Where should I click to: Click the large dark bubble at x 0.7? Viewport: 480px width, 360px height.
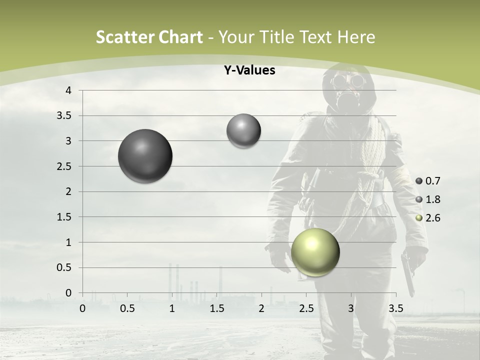pos(145,156)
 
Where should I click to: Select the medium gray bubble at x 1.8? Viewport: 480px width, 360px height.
pos(243,130)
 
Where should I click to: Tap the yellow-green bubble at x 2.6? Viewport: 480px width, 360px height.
pos(315,252)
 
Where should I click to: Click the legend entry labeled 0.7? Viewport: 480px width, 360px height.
pos(428,181)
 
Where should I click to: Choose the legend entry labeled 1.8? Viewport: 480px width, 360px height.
pos(428,199)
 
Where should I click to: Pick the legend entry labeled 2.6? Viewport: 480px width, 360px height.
pos(428,218)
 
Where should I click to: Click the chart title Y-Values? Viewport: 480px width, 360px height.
pos(249,70)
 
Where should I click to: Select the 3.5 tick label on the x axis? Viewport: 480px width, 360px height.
pos(396,308)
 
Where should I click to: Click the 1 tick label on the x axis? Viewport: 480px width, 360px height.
pos(172,308)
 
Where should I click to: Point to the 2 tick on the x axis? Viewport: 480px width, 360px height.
pos(261,308)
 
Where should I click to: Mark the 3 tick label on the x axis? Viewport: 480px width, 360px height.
pos(351,308)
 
